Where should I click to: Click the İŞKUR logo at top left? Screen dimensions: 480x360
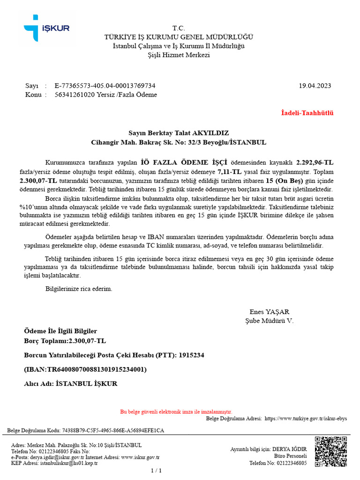[x=46, y=28]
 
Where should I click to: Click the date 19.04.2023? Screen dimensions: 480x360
[x=315, y=86]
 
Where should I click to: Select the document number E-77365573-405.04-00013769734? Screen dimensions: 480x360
[x=105, y=86]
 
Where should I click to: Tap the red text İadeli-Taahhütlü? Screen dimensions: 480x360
[x=307, y=113]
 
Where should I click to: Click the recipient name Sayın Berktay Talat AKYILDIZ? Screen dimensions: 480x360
[x=179, y=133]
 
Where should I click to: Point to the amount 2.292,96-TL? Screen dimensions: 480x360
[x=315, y=162]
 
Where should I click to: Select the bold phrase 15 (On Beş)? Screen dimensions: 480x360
[x=284, y=180]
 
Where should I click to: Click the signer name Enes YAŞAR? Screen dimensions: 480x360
[x=269, y=312]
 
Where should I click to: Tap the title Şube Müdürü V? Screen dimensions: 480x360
[x=269, y=321]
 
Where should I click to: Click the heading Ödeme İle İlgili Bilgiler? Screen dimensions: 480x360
[x=60, y=331]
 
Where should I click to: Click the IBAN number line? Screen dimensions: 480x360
[x=85, y=369]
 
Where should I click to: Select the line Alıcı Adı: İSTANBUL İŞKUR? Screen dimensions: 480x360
[x=70, y=383]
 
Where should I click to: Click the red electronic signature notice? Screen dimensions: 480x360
[x=176, y=412]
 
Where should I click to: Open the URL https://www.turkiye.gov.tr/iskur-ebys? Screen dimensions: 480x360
[x=306, y=419]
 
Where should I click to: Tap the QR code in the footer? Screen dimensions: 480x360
[x=330, y=452]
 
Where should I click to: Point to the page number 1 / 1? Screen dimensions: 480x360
[x=156, y=471]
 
